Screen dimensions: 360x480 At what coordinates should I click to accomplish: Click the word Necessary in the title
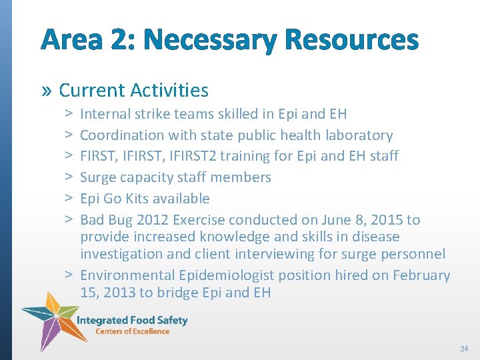point(223,41)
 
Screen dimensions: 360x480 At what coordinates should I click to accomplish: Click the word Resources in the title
point(351,41)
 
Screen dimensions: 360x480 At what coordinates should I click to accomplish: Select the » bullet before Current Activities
point(48,91)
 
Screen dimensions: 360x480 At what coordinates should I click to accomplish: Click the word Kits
point(135,199)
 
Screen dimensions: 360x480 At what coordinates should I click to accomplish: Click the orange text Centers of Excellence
point(132,331)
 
